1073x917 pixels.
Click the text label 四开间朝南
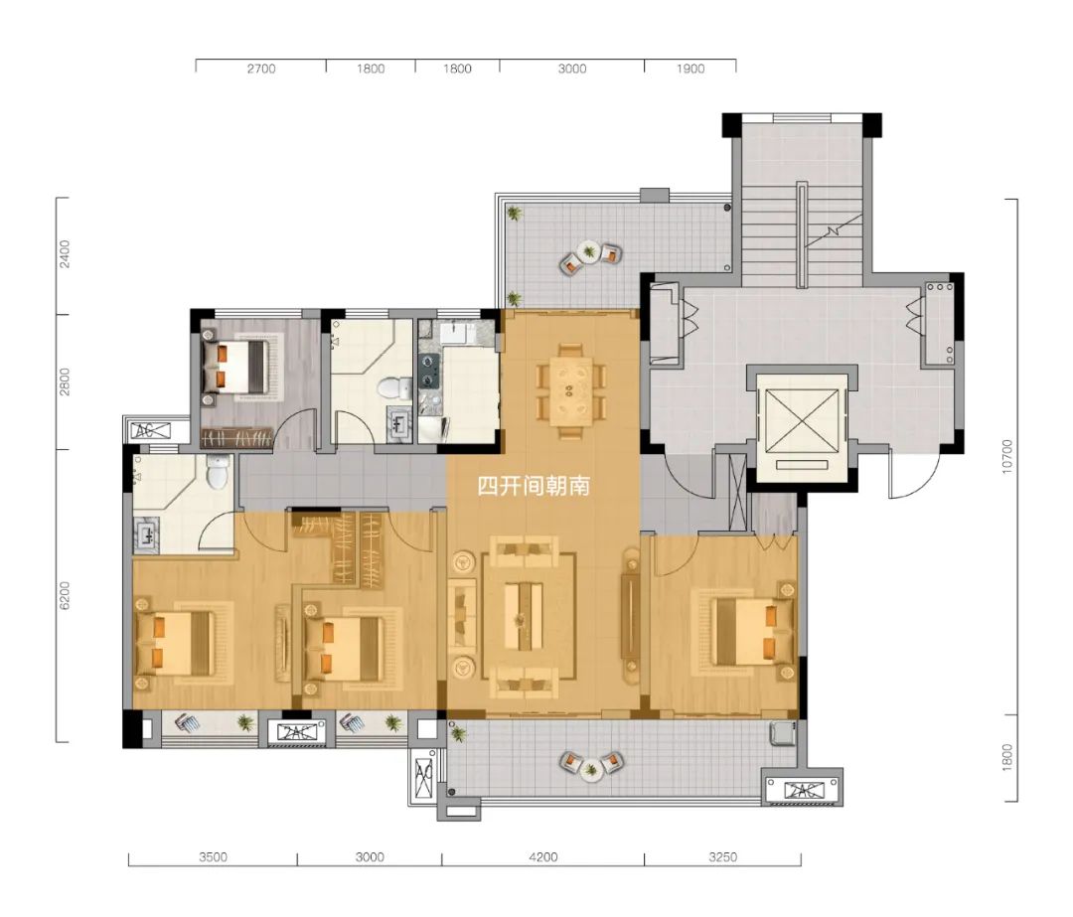pyautogui.click(x=534, y=486)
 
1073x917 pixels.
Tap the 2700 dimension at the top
pyautogui.click(x=261, y=69)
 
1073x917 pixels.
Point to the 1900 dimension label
pyautogui.click(x=690, y=69)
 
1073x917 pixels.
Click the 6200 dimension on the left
pyautogui.click(x=65, y=595)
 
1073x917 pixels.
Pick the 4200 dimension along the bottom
pyautogui.click(x=543, y=856)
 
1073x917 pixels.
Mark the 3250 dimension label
pyautogui.click(x=722, y=856)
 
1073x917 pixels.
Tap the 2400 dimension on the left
pyautogui.click(x=65, y=253)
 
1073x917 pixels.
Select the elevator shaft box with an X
pyautogui.click(x=802, y=421)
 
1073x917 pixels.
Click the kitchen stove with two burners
pyautogui.click(x=429, y=372)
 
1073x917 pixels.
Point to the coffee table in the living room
pyautogui.click(x=524, y=616)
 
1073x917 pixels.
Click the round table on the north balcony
pyautogui.click(x=588, y=251)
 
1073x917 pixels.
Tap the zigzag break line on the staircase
pyautogui.click(x=833, y=230)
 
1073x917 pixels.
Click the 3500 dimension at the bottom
pyautogui.click(x=213, y=856)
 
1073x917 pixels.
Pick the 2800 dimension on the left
pyautogui.click(x=65, y=382)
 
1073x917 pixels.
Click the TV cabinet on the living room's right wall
pyautogui.click(x=629, y=616)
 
